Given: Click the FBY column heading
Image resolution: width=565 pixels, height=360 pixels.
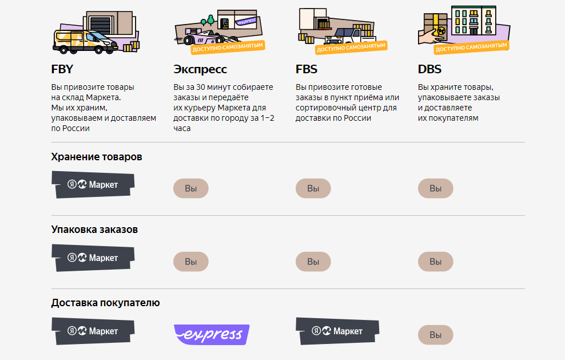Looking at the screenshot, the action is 62,69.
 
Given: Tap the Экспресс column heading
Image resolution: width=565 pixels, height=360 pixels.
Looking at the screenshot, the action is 200,69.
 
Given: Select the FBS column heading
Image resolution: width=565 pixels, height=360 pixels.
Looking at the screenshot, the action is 307,69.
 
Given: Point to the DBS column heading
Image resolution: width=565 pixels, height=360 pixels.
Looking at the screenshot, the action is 429,69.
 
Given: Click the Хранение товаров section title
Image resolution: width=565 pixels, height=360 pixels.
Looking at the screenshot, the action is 97,157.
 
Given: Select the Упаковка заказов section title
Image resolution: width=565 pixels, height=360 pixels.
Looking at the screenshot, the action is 94,230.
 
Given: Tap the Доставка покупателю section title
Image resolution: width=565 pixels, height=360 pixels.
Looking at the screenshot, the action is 105,303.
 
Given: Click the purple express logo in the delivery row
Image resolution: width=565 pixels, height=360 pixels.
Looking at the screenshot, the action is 212,334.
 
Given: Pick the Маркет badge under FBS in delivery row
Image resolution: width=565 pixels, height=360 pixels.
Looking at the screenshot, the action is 337,331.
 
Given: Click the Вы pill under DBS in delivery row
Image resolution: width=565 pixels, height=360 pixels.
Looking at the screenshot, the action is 435,335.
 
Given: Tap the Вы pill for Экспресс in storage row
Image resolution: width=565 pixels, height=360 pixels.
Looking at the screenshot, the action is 190,188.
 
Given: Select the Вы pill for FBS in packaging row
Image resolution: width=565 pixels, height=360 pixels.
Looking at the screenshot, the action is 313,262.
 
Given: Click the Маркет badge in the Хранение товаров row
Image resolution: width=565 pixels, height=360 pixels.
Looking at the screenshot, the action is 93,184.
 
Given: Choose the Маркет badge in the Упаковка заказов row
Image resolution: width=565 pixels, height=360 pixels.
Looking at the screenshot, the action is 93,258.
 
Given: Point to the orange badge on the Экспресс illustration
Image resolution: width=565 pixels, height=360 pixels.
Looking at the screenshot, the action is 228,48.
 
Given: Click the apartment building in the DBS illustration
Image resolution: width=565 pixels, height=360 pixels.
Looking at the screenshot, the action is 474,21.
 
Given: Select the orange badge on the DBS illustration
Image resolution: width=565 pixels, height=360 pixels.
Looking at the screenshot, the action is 471,48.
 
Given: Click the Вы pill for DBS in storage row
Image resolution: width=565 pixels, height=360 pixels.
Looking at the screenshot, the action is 435,188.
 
